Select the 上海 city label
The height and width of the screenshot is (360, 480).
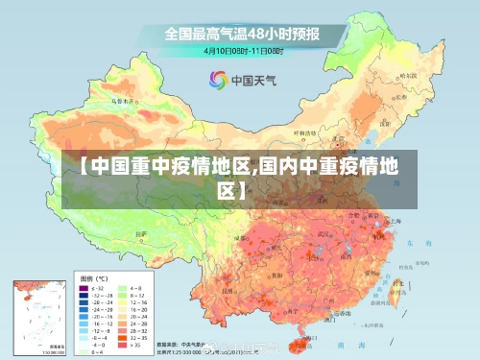click(396, 220)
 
